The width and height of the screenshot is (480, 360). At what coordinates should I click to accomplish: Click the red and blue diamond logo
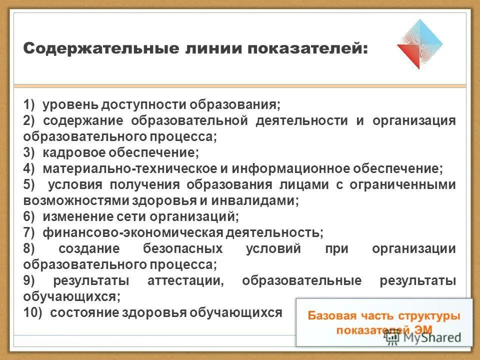[419, 44]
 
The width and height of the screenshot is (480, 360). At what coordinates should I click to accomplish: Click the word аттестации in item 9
[185, 281]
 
